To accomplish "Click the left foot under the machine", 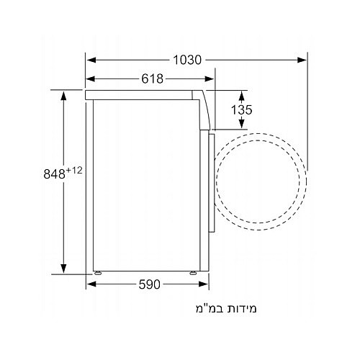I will pyautogui.click(x=96, y=273).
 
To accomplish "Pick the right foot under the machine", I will pyautogui.click(x=194, y=273).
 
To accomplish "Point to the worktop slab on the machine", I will pyautogui.click(x=144, y=94).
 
